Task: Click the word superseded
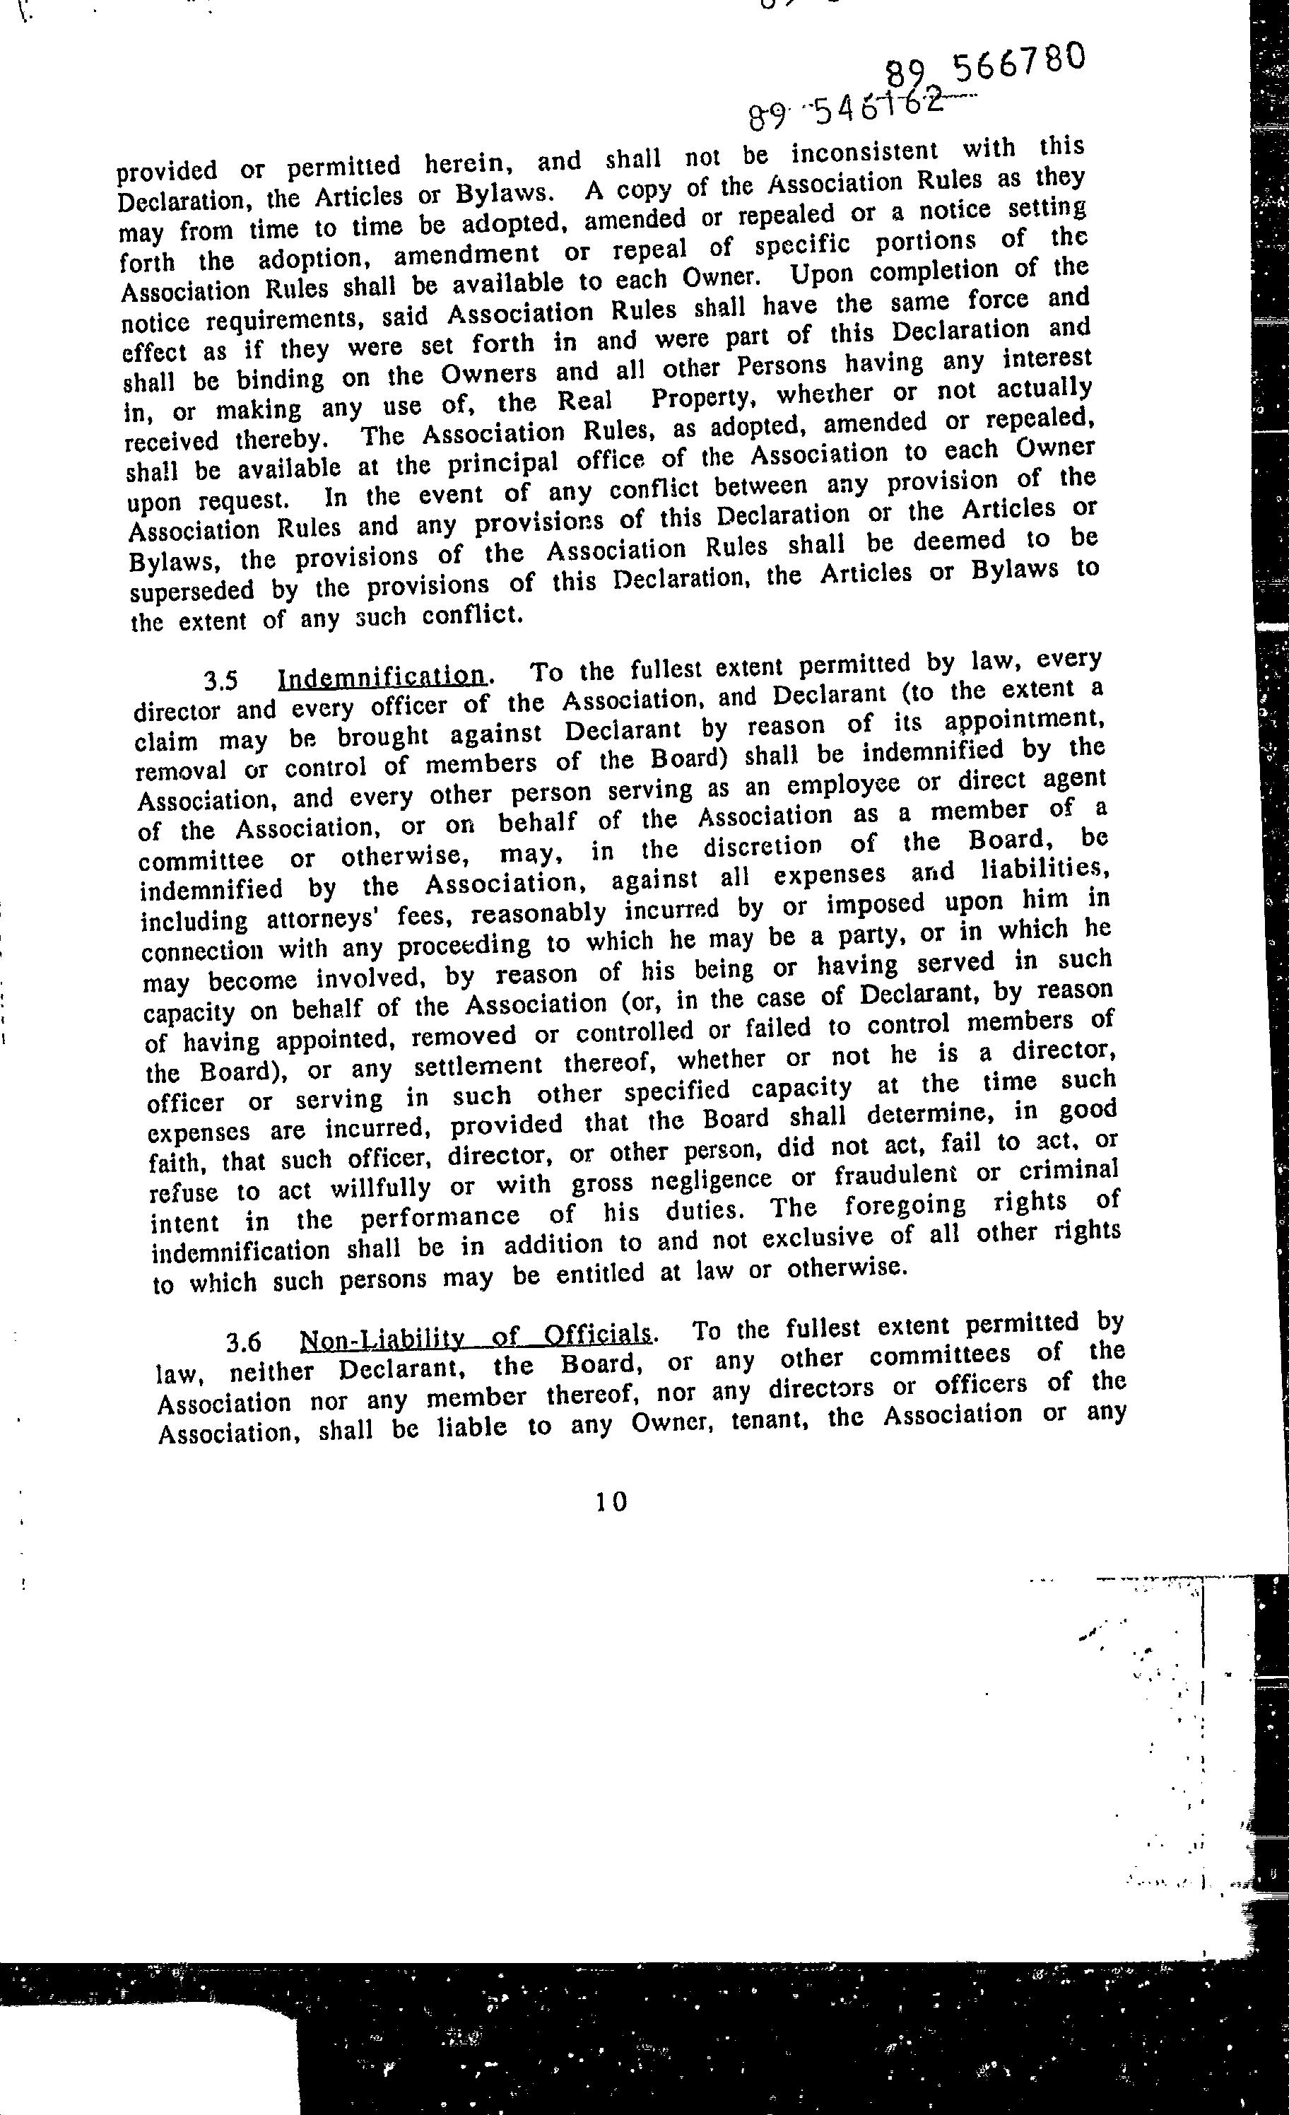pos(193,592)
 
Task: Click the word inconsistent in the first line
pos(864,153)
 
